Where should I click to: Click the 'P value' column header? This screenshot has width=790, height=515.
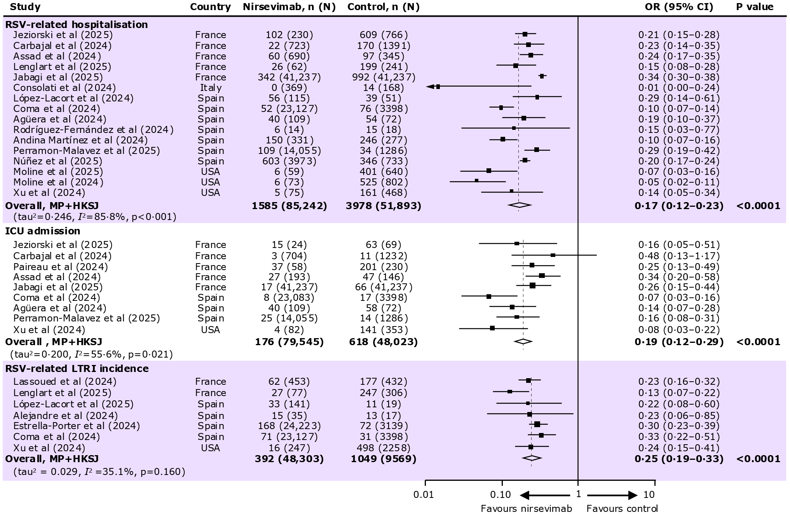coord(755,7)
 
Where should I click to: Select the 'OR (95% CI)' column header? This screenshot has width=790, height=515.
coord(679,7)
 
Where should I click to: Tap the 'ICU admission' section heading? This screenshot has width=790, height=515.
coord(42,231)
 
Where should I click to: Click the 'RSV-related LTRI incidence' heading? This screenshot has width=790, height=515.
coord(77,368)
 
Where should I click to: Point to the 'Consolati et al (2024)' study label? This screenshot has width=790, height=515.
coord(64,88)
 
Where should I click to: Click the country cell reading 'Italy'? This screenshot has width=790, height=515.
coord(211,88)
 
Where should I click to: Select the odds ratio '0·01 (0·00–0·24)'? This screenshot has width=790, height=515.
coord(679,88)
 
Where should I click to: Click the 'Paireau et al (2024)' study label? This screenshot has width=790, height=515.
coord(60,267)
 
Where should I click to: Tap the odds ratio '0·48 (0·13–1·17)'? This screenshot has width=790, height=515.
coord(679,256)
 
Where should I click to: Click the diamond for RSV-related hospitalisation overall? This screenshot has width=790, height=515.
coord(520,205)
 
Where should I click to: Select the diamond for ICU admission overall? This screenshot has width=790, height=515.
coord(523,342)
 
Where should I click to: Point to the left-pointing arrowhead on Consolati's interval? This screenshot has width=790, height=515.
coord(430,87)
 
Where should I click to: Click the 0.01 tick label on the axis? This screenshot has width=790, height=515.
coord(424,495)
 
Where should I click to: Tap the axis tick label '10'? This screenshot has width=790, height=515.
coord(649,495)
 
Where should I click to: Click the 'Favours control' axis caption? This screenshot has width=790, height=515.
coord(622,509)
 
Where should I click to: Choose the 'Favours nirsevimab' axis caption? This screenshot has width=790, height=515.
coord(526,509)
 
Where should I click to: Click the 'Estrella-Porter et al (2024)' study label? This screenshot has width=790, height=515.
coord(77,426)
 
